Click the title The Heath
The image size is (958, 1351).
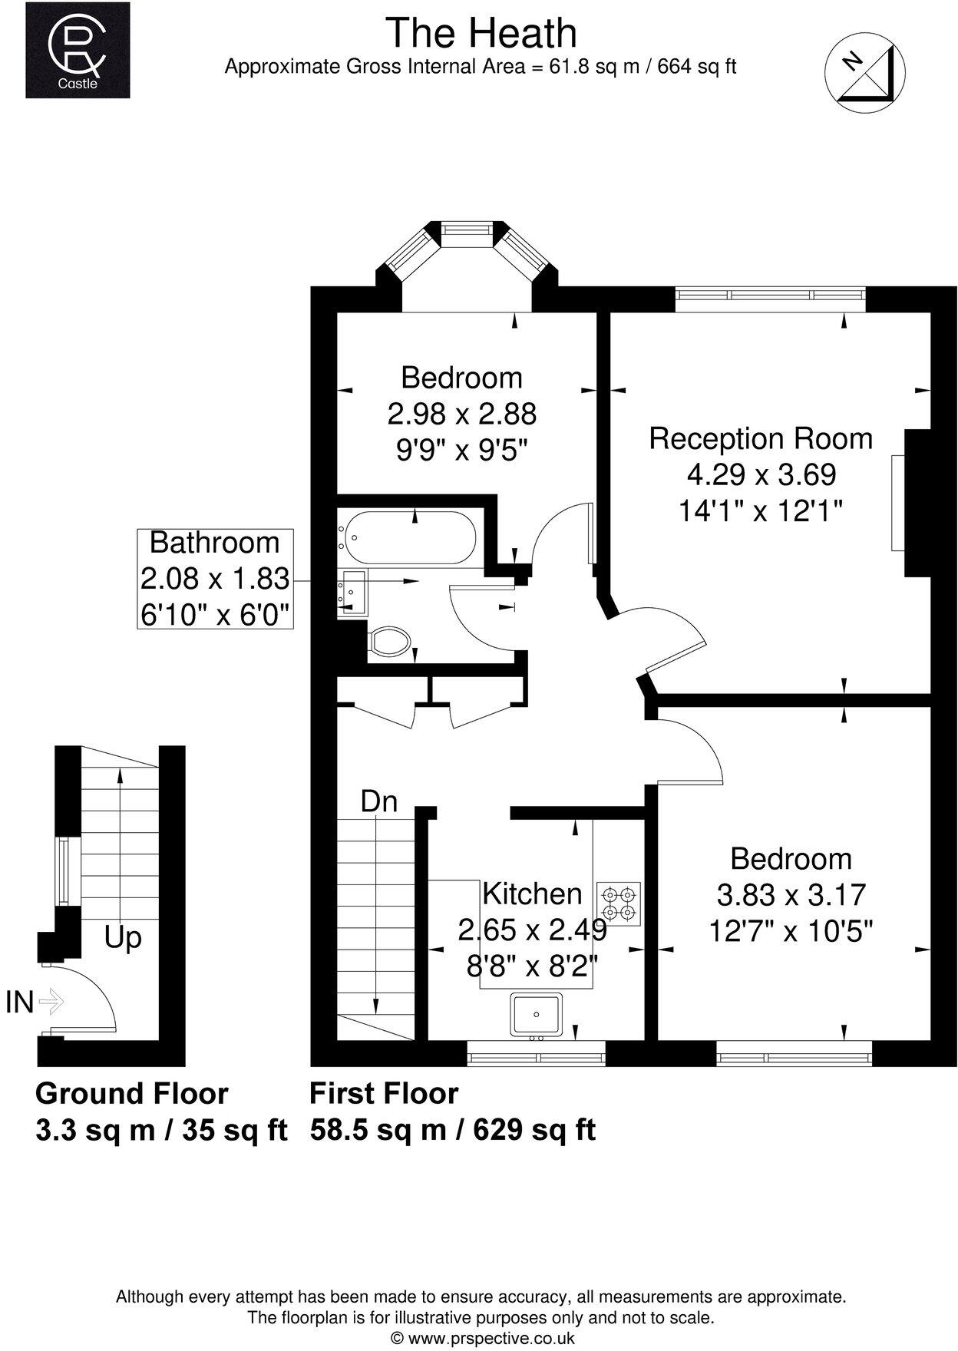pos(481,34)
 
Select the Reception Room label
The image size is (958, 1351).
pos(761,438)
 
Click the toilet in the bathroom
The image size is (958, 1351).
pos(389,641)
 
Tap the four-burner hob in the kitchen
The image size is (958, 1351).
pos(619,903)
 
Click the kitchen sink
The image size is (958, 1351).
pos(537,1014)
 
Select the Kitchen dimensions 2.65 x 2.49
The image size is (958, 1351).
pos(532,930)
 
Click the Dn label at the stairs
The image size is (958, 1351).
pos(379,802)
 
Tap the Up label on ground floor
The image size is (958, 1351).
pos(123,938)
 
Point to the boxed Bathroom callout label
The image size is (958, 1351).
pos(215,579)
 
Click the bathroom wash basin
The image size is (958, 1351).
pos(353,593)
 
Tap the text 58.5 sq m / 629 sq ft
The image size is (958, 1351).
pos(453,1130)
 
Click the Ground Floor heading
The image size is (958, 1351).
pos(132,1093)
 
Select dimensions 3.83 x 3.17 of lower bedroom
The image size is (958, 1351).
pos(791,895)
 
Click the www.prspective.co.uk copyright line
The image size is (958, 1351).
pos(482,1338)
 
